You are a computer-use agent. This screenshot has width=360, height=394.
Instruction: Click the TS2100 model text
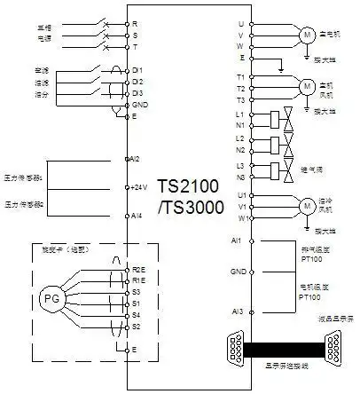click(x=187, y=187)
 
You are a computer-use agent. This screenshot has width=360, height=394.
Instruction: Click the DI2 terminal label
click(x=137, y=81)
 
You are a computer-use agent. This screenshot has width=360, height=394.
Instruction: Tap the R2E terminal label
click(x=138, y=268)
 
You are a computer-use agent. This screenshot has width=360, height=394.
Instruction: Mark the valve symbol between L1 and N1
click(x=286, y=120)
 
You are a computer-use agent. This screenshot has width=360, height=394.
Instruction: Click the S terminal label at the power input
click(x=134, y=33)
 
